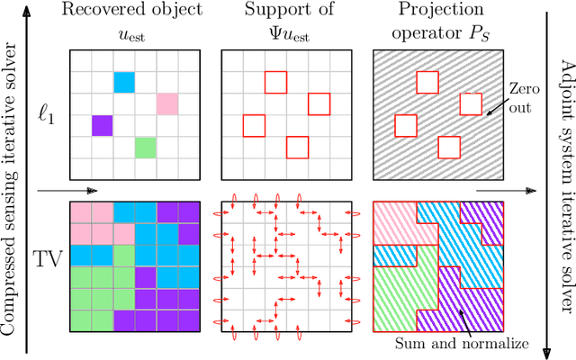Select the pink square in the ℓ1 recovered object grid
(166, 103)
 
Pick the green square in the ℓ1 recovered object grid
(145, 146)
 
